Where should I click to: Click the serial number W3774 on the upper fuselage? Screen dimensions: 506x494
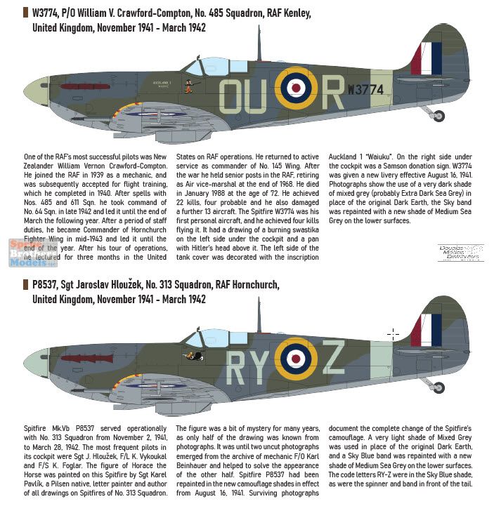[x=366, y=90]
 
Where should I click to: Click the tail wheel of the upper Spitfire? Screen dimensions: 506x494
[x=438, y=116]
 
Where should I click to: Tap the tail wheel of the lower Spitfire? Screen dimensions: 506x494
[x=438, y=387]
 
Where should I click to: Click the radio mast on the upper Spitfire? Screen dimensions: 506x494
[x=259, y=46]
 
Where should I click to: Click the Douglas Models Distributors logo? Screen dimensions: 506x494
[x=460, y=252]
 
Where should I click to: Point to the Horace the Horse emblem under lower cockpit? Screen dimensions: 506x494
[x=189, y=356]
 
